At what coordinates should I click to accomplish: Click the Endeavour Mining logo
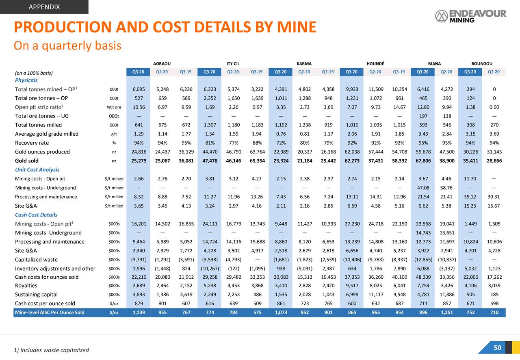pos(470,16)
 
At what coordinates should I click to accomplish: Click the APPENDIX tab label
pos(44,7)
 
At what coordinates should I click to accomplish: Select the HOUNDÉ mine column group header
pos(375,63)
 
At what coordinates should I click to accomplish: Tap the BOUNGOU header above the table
pos(481,63)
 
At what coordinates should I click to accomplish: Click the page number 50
pos(497,347)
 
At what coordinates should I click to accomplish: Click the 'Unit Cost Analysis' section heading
pos(37,169)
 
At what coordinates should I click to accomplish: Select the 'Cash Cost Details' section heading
pos(36,215)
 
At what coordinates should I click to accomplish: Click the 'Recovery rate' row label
pos(32,143)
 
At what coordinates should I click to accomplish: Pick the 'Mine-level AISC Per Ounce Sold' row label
pos(50,312)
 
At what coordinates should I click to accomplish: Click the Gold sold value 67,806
pos(423,160)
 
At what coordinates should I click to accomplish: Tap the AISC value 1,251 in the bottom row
pos(446,312)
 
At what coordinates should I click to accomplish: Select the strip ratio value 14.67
pos(399,107)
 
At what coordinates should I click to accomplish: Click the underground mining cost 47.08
pos(423,188)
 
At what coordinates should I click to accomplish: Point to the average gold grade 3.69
pos(494,134)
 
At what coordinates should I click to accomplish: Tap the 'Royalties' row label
pos(26,286)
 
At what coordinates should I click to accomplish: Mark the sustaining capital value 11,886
pos(446,295)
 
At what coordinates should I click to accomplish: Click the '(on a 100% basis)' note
pos(34,73)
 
